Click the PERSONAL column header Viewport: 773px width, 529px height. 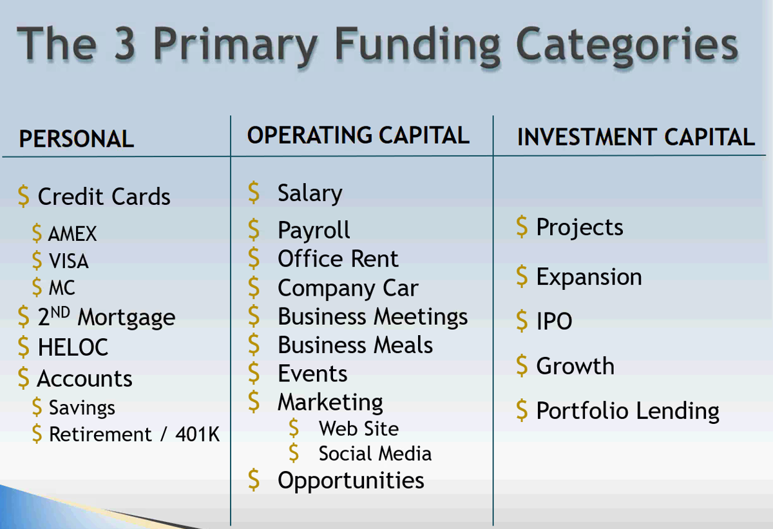[76, 139]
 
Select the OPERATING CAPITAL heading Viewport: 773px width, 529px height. [358, 135]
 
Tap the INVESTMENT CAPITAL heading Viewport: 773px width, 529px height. [636, 137]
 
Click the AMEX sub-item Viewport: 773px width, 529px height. [72, 234]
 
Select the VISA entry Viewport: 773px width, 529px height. [69, 261]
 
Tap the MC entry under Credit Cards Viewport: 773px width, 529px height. [62, 288]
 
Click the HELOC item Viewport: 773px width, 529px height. [73, 347]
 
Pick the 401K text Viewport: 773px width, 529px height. [197, 434]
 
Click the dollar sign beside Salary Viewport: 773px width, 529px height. [254, 192]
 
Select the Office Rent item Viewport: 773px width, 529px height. [338, 259]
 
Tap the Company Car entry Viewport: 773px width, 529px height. [348, 289]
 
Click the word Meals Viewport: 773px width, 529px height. [403, 345]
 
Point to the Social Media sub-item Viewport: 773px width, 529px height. [375, 454]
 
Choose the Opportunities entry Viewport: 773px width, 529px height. [351, 481]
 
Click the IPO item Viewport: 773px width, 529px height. [554, 322]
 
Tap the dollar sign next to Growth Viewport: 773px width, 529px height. [522, 365]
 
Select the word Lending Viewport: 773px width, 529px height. [678, 411]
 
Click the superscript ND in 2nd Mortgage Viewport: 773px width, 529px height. [61, 313]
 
